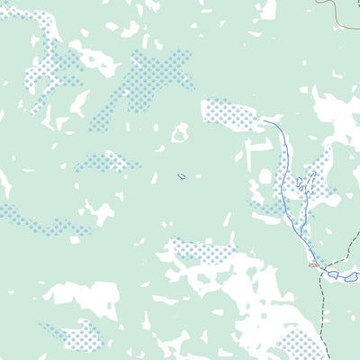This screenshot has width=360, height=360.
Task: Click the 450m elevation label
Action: click(312, 265)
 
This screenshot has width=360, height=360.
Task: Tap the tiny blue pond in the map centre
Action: click(182, 175)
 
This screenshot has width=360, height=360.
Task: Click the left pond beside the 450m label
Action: click(332, 273)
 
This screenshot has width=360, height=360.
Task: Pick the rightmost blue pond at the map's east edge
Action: click(351, 277)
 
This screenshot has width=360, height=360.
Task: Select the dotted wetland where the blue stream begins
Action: click(230, 114)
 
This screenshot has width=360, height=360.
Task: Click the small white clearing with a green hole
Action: click(180, 133)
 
